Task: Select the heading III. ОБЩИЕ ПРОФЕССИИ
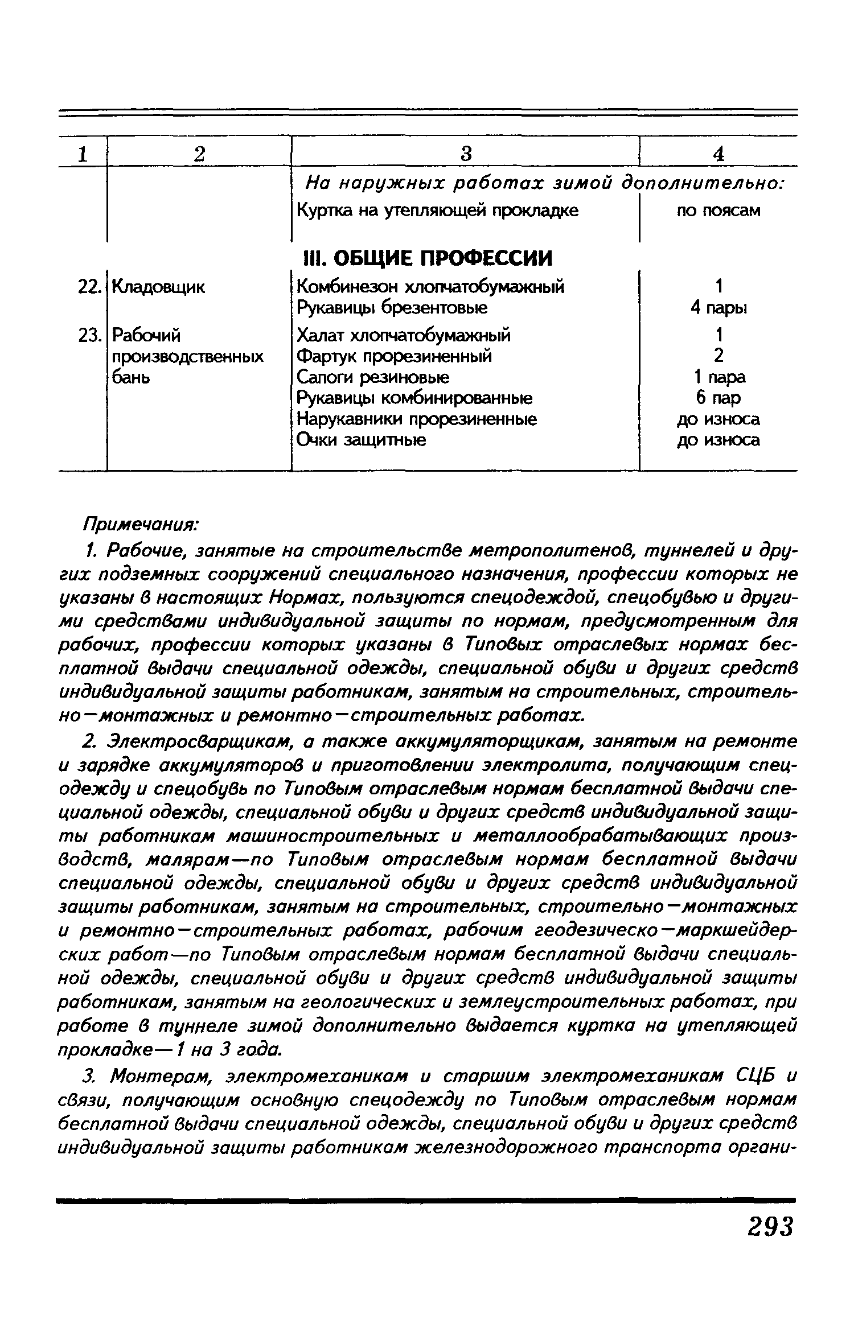425,258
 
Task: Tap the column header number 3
466,154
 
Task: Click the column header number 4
718,154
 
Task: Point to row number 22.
89,287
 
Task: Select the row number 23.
89,335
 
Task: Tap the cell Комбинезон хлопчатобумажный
431,286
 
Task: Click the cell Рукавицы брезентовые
392,308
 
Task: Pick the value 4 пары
718,308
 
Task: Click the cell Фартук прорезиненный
395,356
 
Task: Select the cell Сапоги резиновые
373,377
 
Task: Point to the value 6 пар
718,398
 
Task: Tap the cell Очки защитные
362,440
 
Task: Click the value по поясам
718,211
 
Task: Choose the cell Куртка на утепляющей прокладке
437,211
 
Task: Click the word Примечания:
141,523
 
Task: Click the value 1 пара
718,377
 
